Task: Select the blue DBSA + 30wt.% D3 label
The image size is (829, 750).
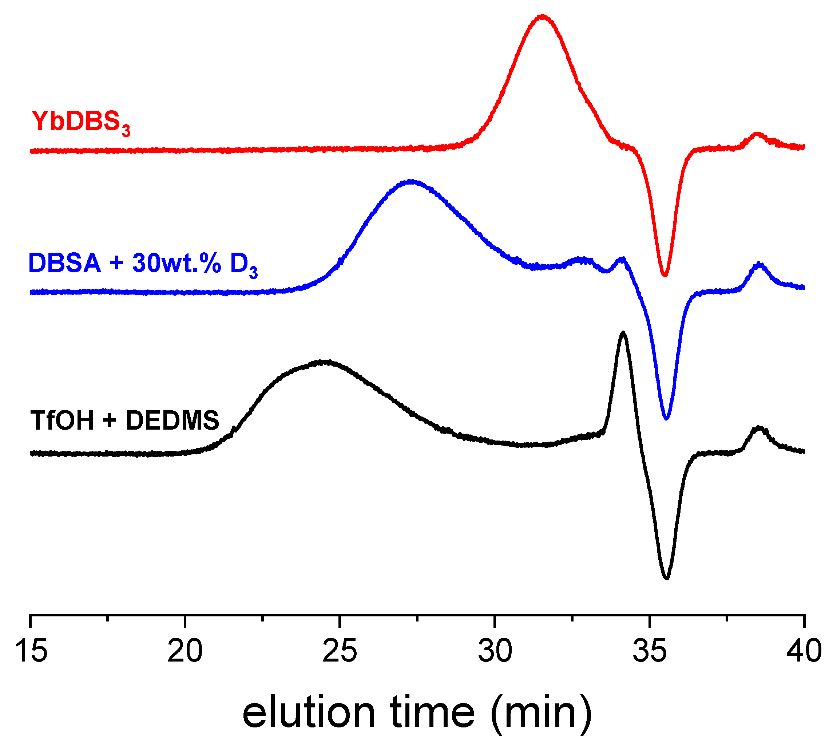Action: (x=143, y=264)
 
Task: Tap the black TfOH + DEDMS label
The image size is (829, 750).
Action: (x=124, y=421)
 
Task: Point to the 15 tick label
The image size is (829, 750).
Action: (x=31, y=652)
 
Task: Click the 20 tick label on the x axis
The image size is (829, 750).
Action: (x=185, y=652)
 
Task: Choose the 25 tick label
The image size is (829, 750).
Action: (x=340, y=652)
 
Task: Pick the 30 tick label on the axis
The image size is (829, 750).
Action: (x=495, y=652)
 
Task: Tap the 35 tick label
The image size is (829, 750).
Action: (x=649, y=652)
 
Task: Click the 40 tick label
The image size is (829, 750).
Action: (x=803, y=652)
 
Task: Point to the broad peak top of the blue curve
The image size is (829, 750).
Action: (x=411, y=181)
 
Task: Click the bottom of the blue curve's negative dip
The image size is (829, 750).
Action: (x=667, y=418)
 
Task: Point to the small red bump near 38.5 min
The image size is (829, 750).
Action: (x=757, y=134)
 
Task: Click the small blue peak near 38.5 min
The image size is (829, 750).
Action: (x=759, y=264)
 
